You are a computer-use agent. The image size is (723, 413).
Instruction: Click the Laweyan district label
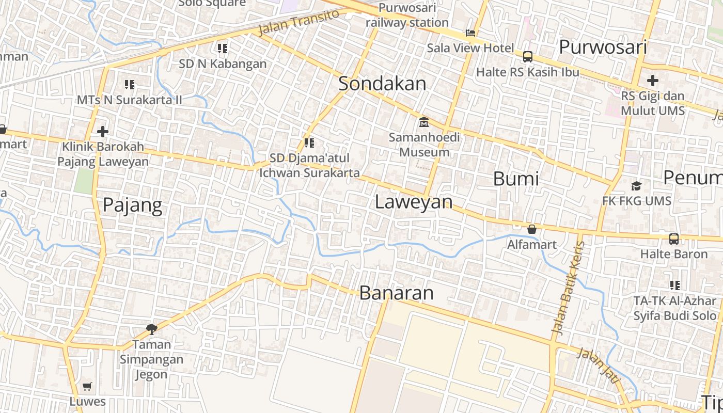[x=413, y=201]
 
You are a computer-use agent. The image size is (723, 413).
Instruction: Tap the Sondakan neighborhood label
[x=382, y=84]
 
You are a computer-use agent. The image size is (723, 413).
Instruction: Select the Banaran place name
[x=396, y=293]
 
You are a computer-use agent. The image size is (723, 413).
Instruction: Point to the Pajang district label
[x=132, y=205]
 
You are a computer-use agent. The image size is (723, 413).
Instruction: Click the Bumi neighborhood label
[x=516, y=179]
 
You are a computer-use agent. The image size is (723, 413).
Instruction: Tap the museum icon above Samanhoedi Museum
[x=424, y=122]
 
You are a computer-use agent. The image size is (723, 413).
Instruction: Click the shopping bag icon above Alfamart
[x=531, y=229]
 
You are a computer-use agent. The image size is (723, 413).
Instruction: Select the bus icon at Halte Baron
[x=674, y=239]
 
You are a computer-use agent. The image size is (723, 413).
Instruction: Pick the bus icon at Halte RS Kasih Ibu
[x=527, y=57]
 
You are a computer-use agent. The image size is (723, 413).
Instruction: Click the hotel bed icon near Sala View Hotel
[x=470, y=33]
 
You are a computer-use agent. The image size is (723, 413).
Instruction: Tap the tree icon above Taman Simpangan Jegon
[x=152, y=328]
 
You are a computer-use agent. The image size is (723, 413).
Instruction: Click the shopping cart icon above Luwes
[x=87, y=386]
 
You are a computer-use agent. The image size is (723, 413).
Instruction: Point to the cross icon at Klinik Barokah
[x=103, y=132]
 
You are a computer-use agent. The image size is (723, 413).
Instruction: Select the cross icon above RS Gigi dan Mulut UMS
[x=653, y=81]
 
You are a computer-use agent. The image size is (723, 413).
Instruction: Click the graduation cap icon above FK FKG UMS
[x=636, y=186]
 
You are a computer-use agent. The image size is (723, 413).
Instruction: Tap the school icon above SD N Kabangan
[x=223, y=49]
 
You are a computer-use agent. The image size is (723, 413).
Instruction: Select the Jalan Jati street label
[x=598, y=365]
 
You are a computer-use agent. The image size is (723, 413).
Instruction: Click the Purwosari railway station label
[x=407, y=15]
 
